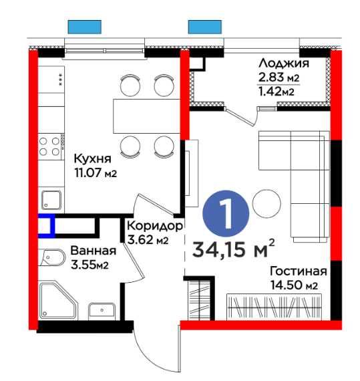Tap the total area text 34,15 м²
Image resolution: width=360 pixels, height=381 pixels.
click(234, 249)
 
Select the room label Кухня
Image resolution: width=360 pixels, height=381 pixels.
click(92, 160)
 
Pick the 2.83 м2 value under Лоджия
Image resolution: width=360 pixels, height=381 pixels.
click(279, 78)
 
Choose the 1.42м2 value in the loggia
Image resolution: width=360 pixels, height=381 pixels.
click(279, 92)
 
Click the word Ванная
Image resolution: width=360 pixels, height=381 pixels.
click(93, 251)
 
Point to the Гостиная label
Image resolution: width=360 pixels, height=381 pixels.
click(298, 271)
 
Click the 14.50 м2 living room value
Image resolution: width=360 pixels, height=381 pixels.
click(294, 285)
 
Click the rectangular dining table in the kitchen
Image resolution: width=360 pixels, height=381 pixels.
click(146, 114)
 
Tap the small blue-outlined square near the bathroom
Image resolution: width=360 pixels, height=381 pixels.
click(46, 226)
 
